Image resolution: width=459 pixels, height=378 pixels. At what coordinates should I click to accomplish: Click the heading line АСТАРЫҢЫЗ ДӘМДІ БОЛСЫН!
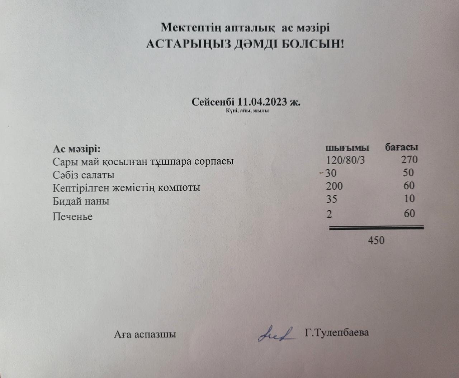pos(245,44)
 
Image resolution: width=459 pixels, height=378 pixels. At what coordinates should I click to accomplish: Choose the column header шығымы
pos(347,147)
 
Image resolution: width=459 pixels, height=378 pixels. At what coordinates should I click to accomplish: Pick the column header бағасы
pos(402,147)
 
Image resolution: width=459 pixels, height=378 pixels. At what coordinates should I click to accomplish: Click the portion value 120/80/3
pos(345,160)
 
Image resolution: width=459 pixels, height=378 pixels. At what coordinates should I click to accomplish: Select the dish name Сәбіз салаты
pos(84,175)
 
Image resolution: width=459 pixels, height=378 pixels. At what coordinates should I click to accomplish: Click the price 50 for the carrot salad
pos(408,173)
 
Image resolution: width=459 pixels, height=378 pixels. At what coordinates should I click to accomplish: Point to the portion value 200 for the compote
pos(334,186)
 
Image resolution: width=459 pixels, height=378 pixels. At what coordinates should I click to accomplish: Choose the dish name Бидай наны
pos(81,201)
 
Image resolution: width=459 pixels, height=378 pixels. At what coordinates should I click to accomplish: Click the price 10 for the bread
pos(409,199)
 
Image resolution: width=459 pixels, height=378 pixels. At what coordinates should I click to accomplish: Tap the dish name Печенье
pos(72,217)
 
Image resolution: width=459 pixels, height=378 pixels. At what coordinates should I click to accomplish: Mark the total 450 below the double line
pos(376,240)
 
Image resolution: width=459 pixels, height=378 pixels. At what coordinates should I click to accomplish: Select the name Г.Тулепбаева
pos(337,333)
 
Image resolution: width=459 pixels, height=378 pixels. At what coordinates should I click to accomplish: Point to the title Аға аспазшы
pos(145,335)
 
